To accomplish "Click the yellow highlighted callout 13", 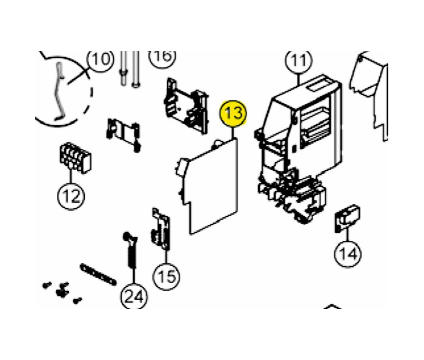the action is (x=233, y=113).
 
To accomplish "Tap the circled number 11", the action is (x=299, y=61).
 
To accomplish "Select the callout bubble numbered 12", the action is (x=71, y=196).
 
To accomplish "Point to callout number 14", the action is (x=348, y=254).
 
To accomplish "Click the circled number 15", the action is (x=167, y=277).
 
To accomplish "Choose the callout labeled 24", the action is (x=134, y=296).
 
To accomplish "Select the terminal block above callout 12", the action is (x=76, y=158).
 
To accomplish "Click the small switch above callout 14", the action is (x=348, y=218).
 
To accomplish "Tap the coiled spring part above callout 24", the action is (x=131, y=250).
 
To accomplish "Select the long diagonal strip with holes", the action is (x=98, y=275).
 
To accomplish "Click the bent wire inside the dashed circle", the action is (x=59, y=91).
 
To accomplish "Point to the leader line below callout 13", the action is (x=233, y=133).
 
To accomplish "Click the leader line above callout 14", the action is (x=348, y=234).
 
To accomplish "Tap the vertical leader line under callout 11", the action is (x=299, y=80).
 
